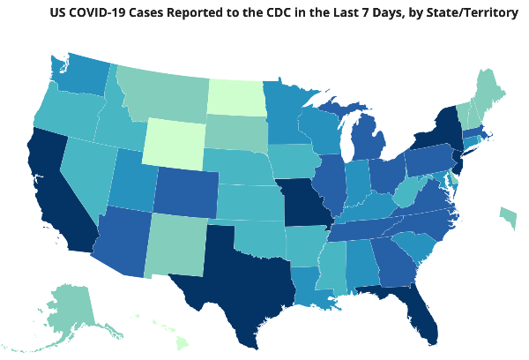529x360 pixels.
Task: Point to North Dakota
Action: pos(236,97)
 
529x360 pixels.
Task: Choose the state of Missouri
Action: pos(305,203)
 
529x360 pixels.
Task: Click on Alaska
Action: pos(69,314)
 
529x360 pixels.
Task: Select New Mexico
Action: pos(175,246)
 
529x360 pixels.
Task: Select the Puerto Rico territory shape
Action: pos(509,217)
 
